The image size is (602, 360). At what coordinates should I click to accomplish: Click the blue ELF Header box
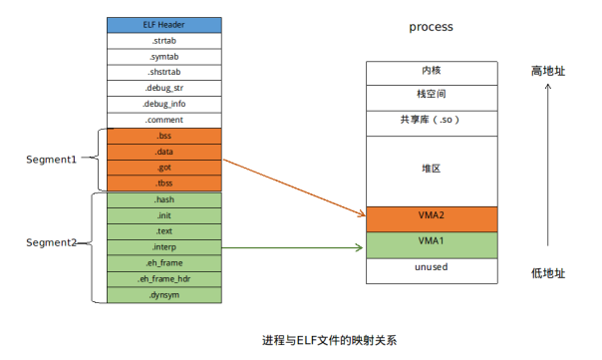[164, 25]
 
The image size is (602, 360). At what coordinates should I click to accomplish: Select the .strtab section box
[164, 41]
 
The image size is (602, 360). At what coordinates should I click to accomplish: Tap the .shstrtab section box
[164, 72]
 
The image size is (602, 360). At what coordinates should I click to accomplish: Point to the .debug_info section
[164, 104]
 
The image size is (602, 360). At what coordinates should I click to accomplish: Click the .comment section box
[164, 120]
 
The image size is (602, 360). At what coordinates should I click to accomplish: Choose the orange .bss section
[164, 136]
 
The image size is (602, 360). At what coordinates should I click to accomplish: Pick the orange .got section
[164, 168]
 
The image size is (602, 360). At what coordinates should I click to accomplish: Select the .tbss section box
[164, 183]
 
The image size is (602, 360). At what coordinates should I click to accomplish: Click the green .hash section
[164, 199]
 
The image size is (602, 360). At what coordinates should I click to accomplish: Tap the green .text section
[164, 230]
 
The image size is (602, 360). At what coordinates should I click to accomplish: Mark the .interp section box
[164, 246]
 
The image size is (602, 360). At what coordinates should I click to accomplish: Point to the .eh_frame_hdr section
[164, 278]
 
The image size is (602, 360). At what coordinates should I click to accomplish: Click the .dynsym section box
[164, 294]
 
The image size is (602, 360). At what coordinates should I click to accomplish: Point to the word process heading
[431, 27]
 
